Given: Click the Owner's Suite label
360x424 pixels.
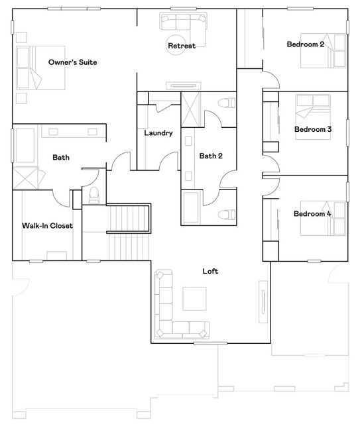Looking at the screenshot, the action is pyautogui.click(x=72, y=62).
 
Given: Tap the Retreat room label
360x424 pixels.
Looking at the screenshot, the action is pyautogui.click(x=182, y=46).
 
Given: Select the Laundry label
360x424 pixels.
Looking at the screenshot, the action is pyautogui.click(x=158, y=132).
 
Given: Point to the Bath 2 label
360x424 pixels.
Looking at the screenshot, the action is pyautogui.click(x=211, y=156).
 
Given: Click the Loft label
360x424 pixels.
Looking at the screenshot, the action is pyautogui.click(x=210, y=271).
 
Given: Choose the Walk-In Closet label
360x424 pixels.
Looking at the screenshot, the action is pyautogui.click(x=47, y=225).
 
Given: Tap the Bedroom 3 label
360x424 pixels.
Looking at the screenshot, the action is pyautogui.click(x=313, y=129).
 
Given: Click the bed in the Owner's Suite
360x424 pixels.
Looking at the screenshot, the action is pyautogui.click(x=40, y=68).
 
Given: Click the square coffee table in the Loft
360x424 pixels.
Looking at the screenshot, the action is pyautogui.click(x=194, y=299).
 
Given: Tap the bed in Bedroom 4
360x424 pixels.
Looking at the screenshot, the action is pyautogui.click(x=324, y=218).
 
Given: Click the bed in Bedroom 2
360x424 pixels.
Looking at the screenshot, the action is pyautogui.click(x=324, y=50).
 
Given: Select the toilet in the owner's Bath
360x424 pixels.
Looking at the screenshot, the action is pyautogui.click(x=94, y=195).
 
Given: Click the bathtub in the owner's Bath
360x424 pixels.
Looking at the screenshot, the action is pyautogui.click(x=25, y=146).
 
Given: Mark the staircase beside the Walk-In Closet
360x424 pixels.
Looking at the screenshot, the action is pyautogui.click(x=129, y=232).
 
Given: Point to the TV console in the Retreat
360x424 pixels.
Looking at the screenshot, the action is pyautogui.click(x=184, y=85).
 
